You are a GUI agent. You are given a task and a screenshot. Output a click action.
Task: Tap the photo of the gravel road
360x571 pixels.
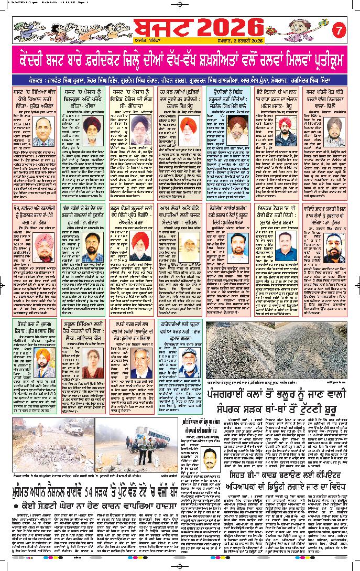tap(283, 350)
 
